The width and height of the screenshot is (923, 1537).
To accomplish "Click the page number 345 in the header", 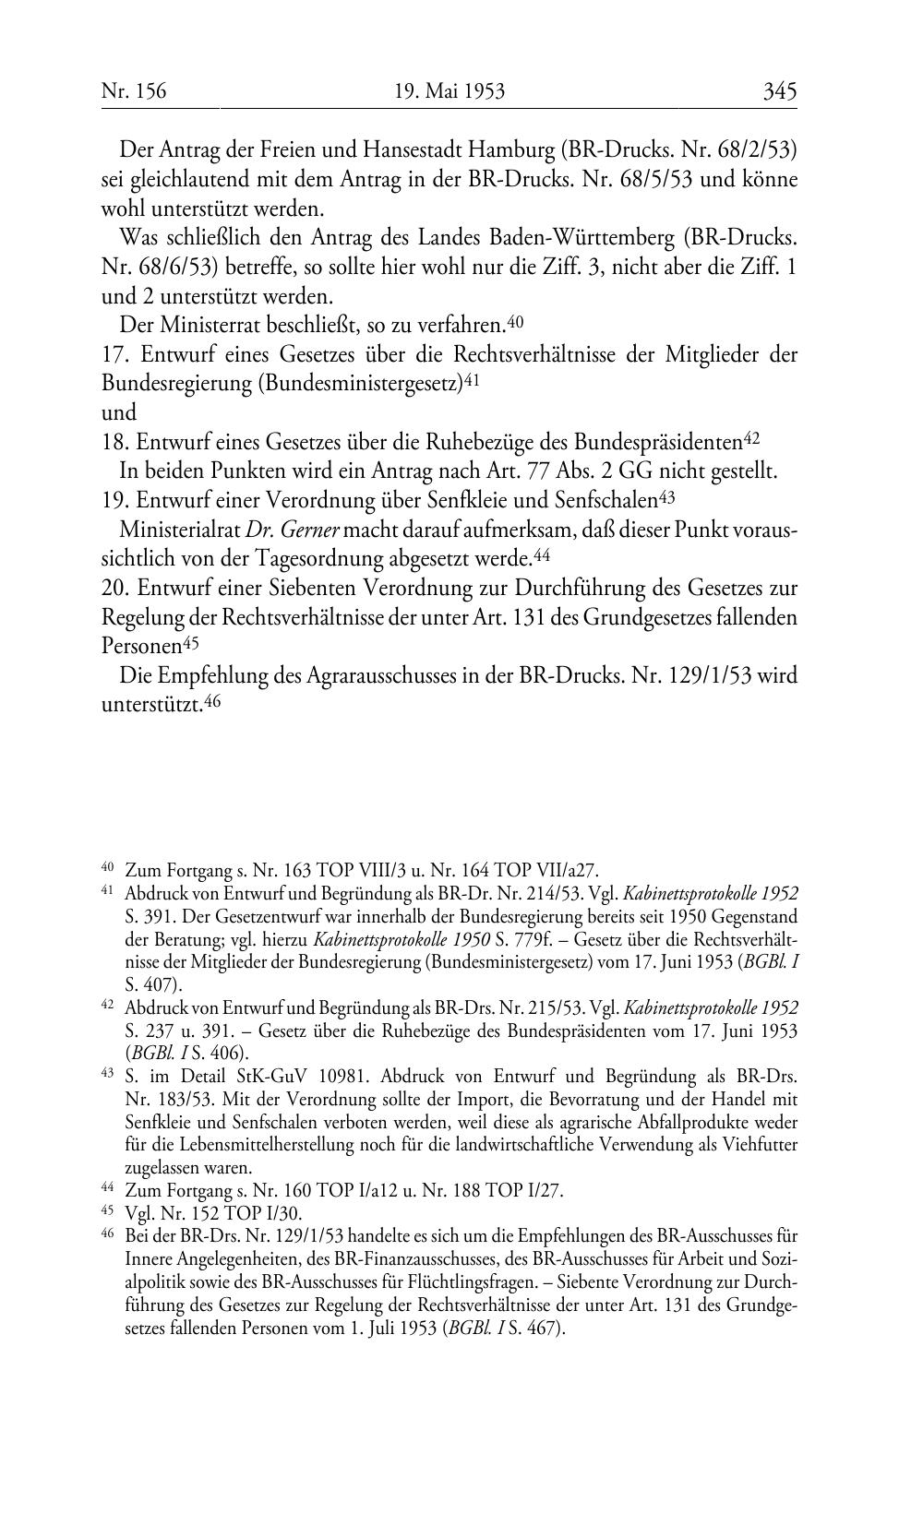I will (x=779, y=90).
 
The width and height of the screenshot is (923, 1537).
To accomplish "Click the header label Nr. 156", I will (x=134, y=90).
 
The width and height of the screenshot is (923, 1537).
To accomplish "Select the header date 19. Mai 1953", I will (x=450, y=90).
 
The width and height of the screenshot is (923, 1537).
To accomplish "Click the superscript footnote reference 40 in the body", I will (x=515, y=322).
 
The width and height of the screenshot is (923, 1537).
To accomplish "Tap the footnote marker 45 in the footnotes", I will (x=107, y=1211).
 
